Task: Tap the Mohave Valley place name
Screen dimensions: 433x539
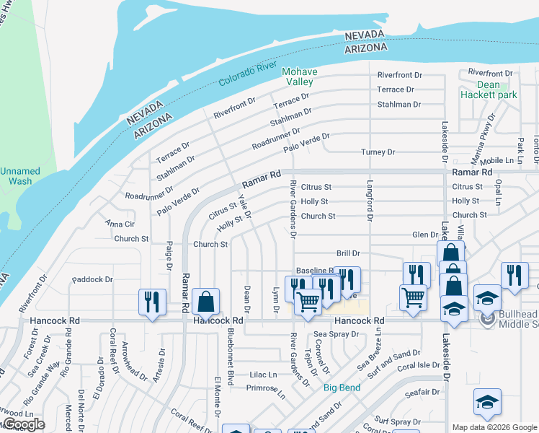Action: [x=298, y=76]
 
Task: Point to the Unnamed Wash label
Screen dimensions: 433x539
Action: [x=20, y=176]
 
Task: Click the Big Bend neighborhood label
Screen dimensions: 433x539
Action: [x=341, y=388]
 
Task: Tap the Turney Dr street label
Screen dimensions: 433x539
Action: [x=378, y=152]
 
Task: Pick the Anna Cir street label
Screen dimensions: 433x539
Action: [x=120, y=224]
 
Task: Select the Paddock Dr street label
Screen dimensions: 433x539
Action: [x=93, y=279]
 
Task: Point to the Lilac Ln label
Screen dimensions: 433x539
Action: [x=263, y=375]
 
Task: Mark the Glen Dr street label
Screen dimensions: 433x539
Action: [x=424, y=235]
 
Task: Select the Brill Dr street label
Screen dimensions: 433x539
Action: [x=348, y=253]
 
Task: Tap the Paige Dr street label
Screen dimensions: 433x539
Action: [x=169, y=255]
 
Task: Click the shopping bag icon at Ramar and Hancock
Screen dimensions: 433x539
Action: [x=205, y=302]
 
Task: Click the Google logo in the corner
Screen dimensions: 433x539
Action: [x=23, y=424]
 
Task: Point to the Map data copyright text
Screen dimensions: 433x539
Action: [x=494, y=427]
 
